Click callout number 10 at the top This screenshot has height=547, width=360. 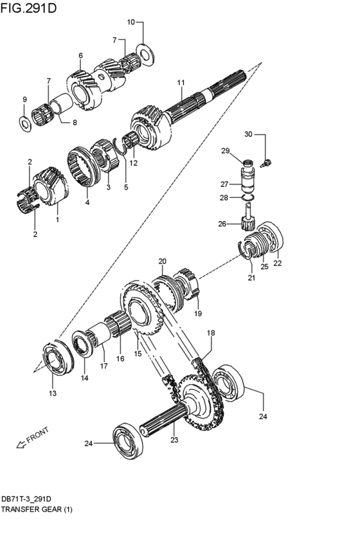(x=130, y=22)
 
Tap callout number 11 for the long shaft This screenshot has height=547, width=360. (x=181, y=82)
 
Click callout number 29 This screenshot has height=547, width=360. (x=226, y=150)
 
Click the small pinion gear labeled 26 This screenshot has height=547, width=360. (x=246, y=223)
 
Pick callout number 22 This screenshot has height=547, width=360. (x=278, y=262)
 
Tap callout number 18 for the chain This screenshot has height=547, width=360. (x=210, y=333)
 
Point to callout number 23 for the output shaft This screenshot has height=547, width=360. (x=174, y=440)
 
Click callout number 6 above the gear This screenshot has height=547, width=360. (x=81, y=56)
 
